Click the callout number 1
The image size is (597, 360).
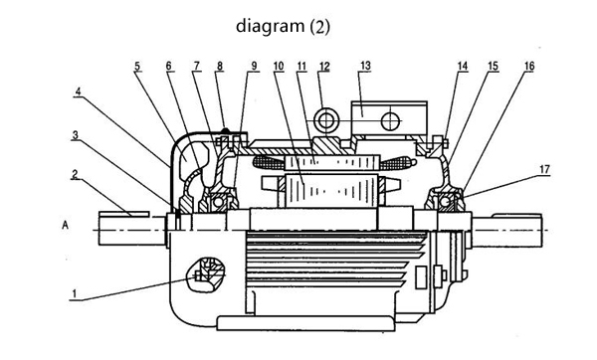tap(75, 293)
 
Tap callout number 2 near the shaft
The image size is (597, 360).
tap(75, 174)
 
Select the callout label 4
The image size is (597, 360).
tap(78, 91)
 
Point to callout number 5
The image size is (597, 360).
tap(137, 66)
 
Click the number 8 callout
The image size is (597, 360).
tap(220, 66)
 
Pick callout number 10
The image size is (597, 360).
tap(279, 66)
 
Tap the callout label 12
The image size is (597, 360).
tap(324, 67)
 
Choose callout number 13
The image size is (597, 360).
tap(365, 66)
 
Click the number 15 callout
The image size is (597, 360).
tap(494, 66)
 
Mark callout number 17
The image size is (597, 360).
tap(545, 169)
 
